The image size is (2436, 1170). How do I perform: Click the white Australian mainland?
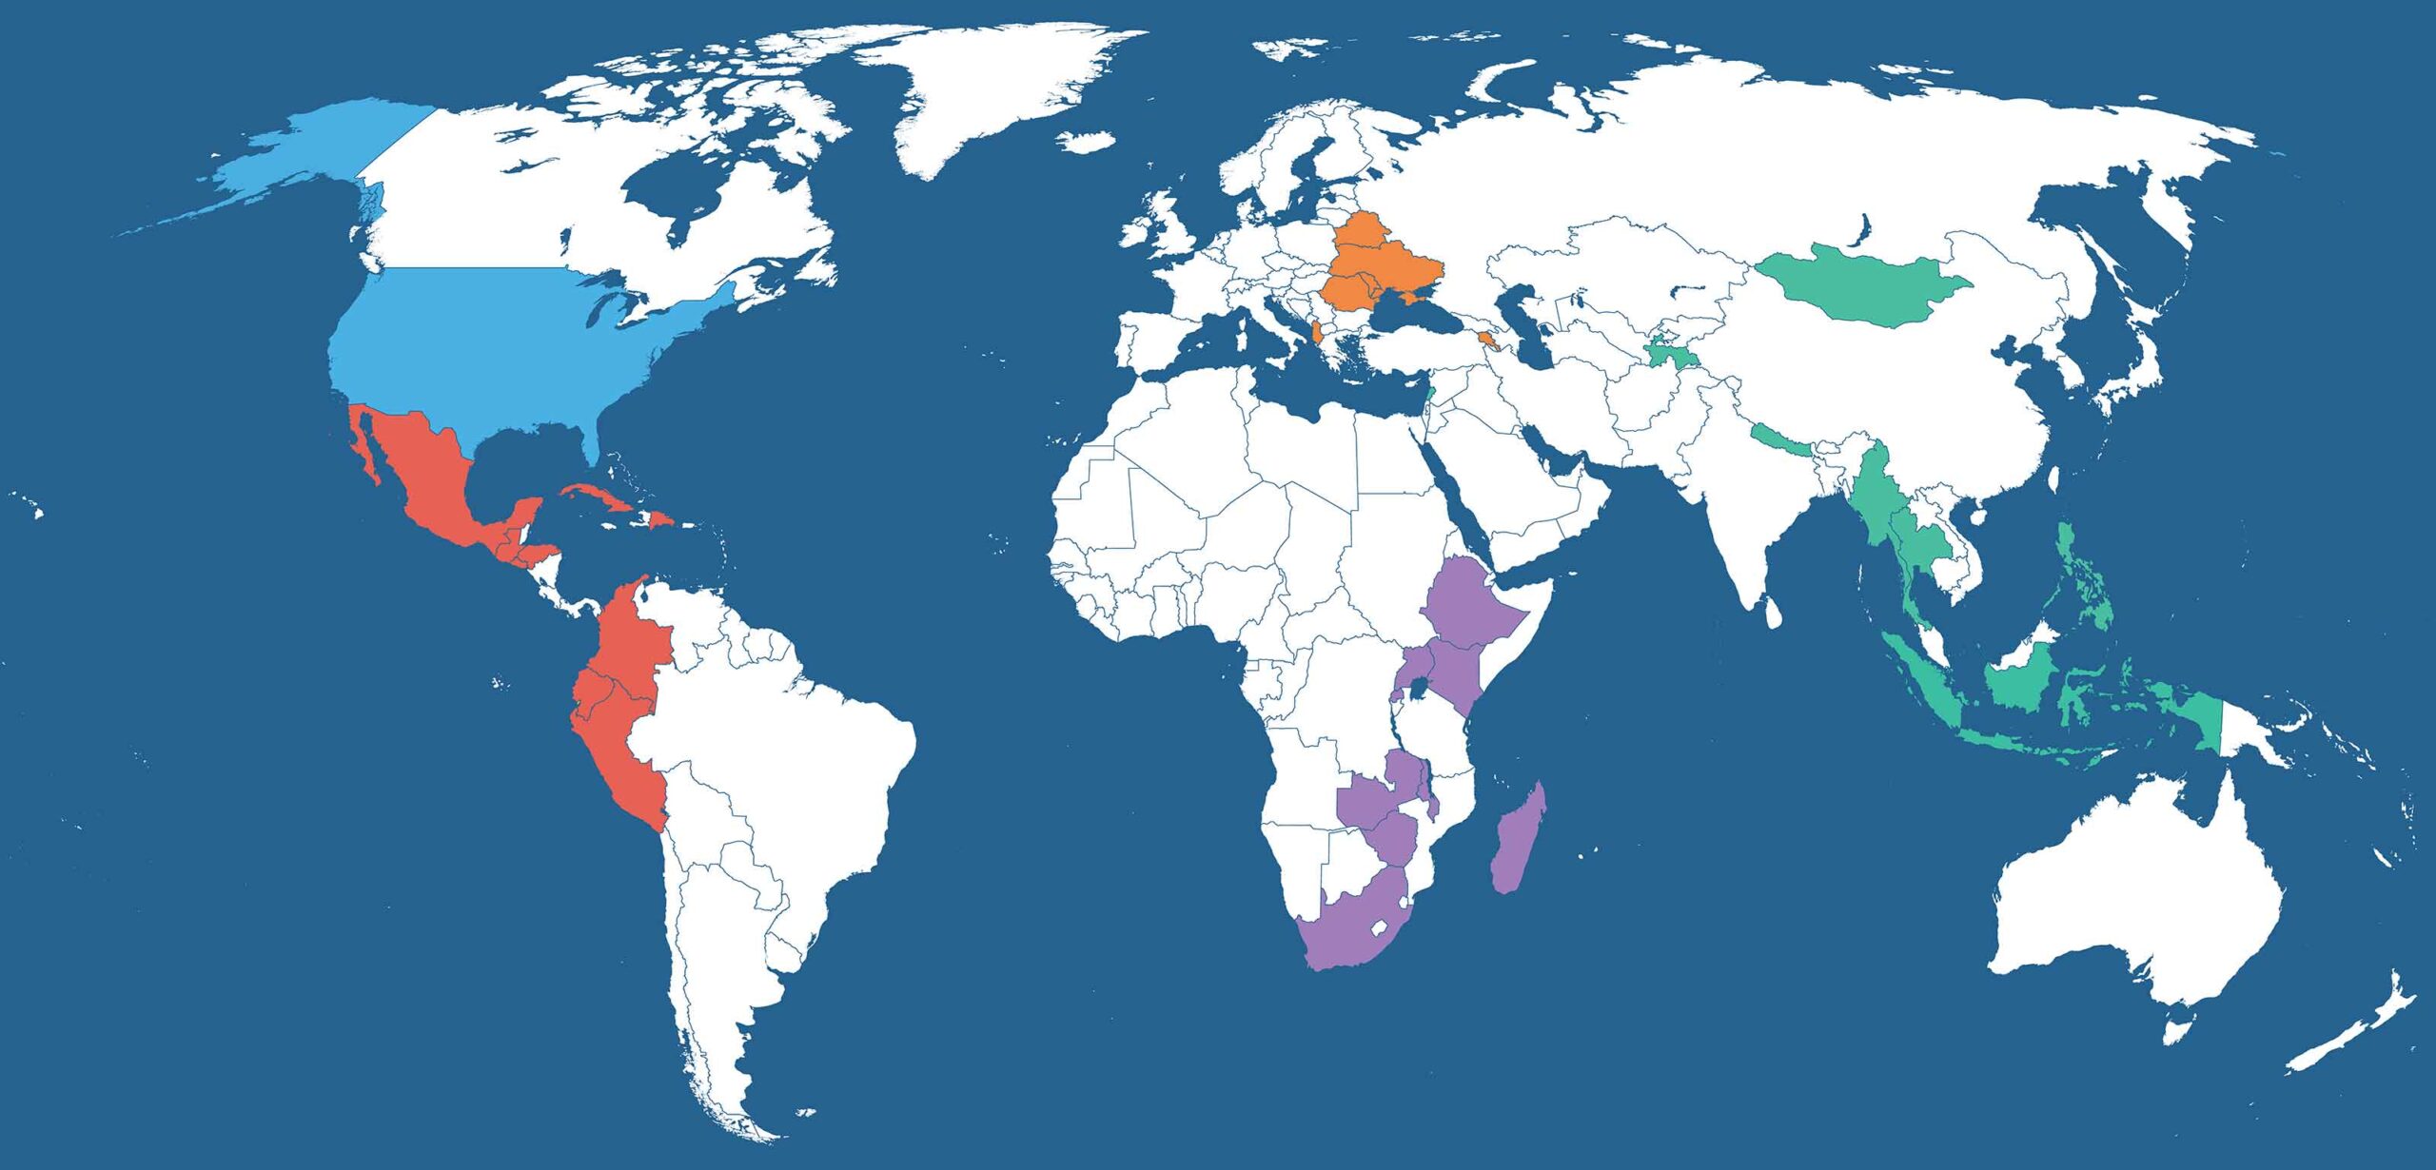pyautogui.click(x=2141, y=904)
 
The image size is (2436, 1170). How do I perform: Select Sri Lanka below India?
pyautogui.click(x=1773, y=612)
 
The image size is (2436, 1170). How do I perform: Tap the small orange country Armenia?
pyautogui.click(x=1486, y=341)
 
